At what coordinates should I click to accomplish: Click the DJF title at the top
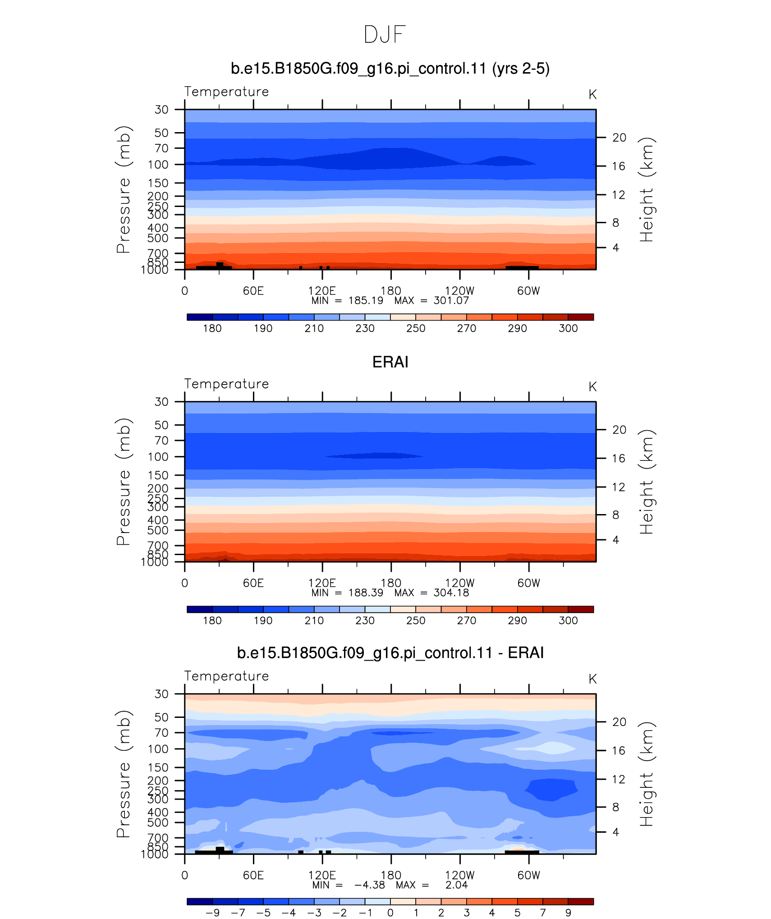(385, 35)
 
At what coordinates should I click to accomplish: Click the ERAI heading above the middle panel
(390, 362)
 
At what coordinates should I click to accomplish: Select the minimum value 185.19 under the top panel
(366, 301)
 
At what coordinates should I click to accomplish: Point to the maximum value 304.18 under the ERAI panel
(451, 593)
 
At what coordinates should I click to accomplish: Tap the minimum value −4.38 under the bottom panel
(370, 885)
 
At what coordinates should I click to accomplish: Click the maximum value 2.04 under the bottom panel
(457, 885)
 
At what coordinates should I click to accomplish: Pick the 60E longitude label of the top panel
(253, 291)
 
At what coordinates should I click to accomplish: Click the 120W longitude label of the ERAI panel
(460, 583)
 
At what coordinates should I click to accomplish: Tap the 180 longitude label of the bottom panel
(391, 875)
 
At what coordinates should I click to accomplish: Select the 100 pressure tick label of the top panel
(158, 165)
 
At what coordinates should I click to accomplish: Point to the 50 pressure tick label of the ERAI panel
(161, 425)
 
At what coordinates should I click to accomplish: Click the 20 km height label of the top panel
(620, 138)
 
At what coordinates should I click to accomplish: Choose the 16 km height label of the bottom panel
(619, 751)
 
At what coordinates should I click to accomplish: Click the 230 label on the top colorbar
(365, 328)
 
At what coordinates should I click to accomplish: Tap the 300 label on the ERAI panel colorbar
(568, 620)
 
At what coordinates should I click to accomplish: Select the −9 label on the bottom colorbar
(213, 913)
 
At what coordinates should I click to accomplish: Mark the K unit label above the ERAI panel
(592, 387)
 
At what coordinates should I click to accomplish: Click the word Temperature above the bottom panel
(226, 676)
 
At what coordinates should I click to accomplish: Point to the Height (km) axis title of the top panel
(647, 189)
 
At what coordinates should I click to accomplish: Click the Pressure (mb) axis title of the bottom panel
(123, 774)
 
